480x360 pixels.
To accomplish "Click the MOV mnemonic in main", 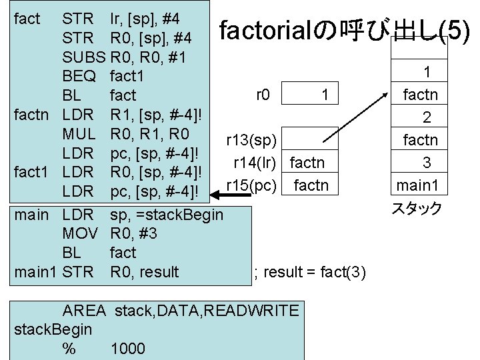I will (80, 233).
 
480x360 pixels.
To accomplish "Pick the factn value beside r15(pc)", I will (311, 184).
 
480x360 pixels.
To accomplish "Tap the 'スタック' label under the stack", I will (417, 209).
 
